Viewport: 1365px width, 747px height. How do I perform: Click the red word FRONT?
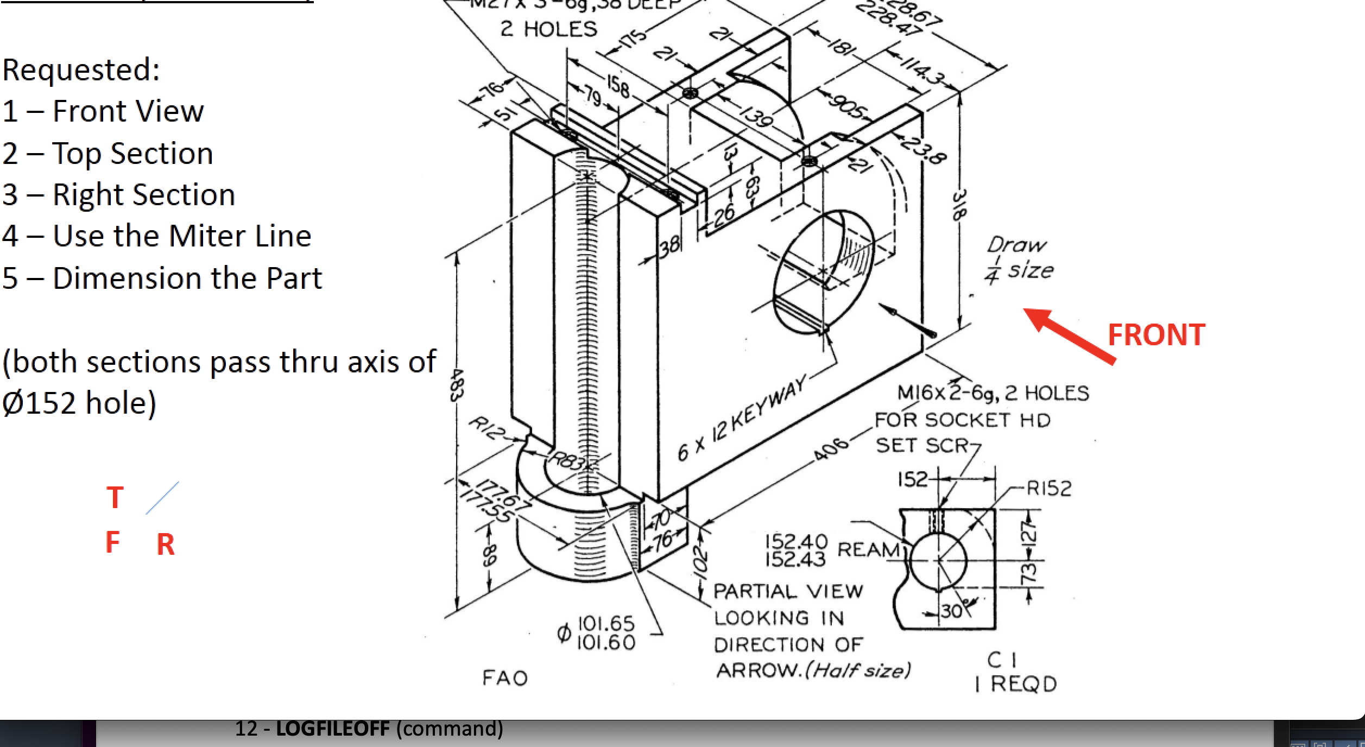[1156, 334]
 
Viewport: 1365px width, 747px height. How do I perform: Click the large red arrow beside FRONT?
[1070, 335]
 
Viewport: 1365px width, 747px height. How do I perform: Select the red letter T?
[115, 497]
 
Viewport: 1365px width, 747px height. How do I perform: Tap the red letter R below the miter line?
[166, 544]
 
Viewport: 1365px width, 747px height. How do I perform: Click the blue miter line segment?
[162, 497]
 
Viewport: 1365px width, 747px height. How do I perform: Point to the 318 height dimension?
[959, 205]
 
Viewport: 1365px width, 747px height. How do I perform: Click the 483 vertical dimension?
[457, 385]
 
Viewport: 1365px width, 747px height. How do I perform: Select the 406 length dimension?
[831, 448]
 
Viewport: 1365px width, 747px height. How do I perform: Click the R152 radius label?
[1048, 488]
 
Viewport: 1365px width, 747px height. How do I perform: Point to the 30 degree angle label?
[951, 611]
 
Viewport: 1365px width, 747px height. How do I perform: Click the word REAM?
[868, 549]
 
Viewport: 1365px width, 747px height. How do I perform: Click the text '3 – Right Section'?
[118, 194]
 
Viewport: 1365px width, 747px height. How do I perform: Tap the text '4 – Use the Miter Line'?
[156, 236]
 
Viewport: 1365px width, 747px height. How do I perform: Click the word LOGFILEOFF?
[332, 728]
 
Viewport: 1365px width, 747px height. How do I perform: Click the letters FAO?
[505, 678]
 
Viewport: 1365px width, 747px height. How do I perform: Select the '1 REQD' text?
[1015, 684]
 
